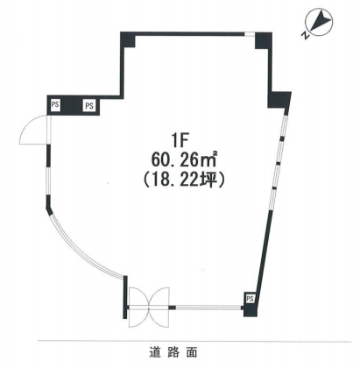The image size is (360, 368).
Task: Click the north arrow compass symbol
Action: click(319, 22)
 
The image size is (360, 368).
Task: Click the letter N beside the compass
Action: click(305, 36)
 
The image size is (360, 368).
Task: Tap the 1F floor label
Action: click(179, 142)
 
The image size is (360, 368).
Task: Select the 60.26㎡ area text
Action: click(184, 159)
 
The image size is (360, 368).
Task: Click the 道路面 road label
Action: click(173, 352)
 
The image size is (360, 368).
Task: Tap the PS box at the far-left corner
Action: click(55, 105)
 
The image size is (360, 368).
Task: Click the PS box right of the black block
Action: click(89, 106)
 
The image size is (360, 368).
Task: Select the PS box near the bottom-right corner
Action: click(250, 299)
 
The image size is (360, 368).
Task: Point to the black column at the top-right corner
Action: click(263, 40)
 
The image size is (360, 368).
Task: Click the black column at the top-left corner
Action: click(128, 39)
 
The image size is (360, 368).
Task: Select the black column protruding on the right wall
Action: click(279, 100)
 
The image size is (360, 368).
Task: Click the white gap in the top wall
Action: click(250, 34)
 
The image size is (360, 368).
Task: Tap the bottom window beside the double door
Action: click(208, 308)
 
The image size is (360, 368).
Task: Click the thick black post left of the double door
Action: click(125, 297)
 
